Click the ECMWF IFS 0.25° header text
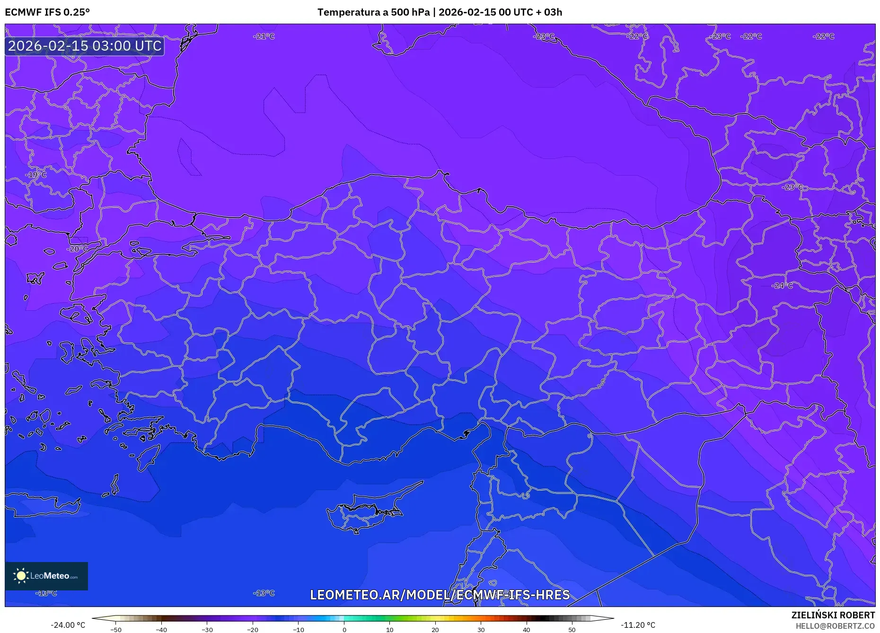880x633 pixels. [47, 12]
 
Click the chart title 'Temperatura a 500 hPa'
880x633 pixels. [373, 12]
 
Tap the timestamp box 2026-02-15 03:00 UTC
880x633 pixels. [85, 46]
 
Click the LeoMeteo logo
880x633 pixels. [46, 576]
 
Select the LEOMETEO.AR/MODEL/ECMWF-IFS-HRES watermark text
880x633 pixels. [440, 595]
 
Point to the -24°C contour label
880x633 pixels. [782, 286]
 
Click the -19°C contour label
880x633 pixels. [36, 175]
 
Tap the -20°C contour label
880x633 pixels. [77, 249]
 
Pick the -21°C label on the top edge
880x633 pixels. [264, 36]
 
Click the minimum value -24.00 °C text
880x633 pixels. [68, 625]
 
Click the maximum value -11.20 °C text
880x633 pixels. [638, 625]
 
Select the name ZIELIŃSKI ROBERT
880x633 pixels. [833, 615]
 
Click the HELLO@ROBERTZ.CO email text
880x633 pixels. [835, 626]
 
